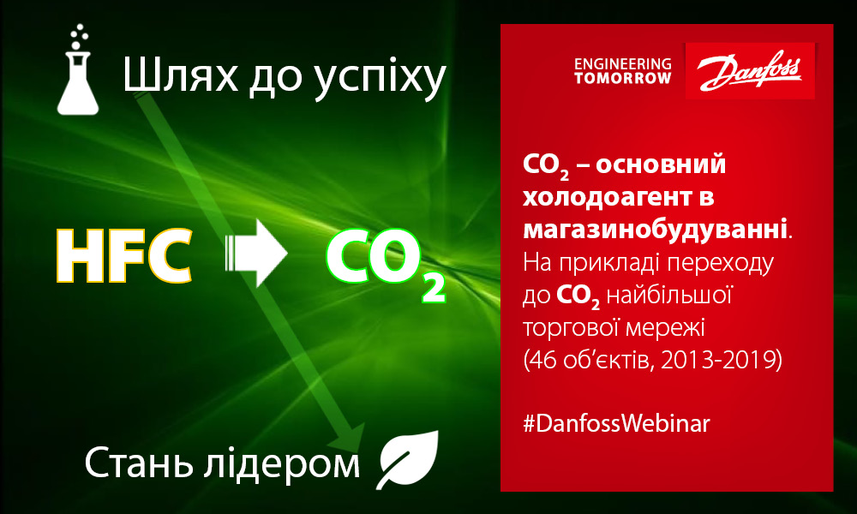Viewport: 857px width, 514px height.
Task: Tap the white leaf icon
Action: (408, 459)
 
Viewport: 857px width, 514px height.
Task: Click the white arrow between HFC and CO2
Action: (256, 253)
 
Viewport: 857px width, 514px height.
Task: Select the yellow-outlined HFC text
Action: (124, 255)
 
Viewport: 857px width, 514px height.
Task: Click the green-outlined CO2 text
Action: (386, 262)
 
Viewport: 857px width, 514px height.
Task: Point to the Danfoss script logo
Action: (749, 71)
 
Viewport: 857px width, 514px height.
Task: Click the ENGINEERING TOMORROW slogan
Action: (622, 71)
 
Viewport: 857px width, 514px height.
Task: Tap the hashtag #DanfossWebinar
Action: (616, 424)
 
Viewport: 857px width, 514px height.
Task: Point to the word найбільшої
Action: (669, 295)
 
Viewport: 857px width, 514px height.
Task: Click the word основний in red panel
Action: (661, 164)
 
